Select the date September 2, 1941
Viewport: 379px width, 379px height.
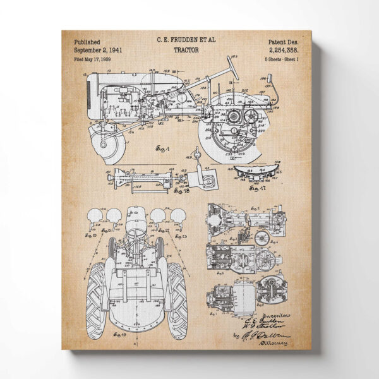tap(98, 51)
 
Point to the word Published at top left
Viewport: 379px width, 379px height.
tap(87, 42)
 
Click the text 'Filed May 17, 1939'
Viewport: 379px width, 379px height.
tap(92, 59)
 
